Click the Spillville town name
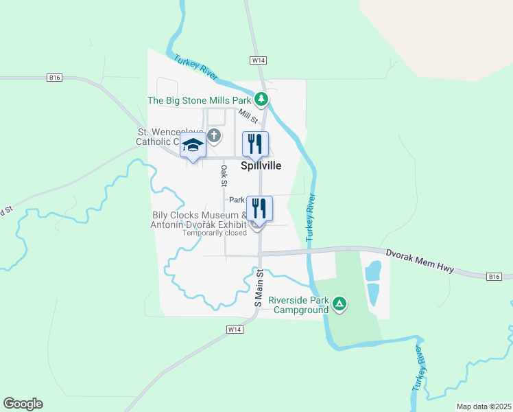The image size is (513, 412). (x=261, y=165)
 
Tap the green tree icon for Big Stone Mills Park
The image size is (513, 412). (x=261, y=100)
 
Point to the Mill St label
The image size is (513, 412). (x=248, y=117)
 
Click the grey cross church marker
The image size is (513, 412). (x=214, y=135)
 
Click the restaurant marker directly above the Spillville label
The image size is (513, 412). (x=255, y=144)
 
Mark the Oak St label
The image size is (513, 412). (x=224, y=175)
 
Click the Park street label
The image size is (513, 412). (x=237, y=200)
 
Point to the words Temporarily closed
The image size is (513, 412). (x=215, y=233)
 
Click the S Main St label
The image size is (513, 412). (x=259, y=288)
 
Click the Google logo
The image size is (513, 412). (x=23, y=404)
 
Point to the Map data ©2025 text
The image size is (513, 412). (x=483, y=407)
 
